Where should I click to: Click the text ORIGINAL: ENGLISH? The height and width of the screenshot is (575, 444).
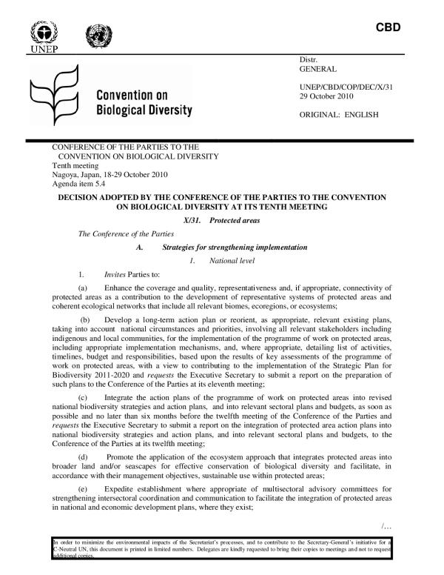point(338,115)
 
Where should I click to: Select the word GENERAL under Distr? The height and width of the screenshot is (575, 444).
point(318,69)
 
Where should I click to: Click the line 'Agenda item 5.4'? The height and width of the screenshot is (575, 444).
point(75,185)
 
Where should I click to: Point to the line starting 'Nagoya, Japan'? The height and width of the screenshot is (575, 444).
point(107,175)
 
